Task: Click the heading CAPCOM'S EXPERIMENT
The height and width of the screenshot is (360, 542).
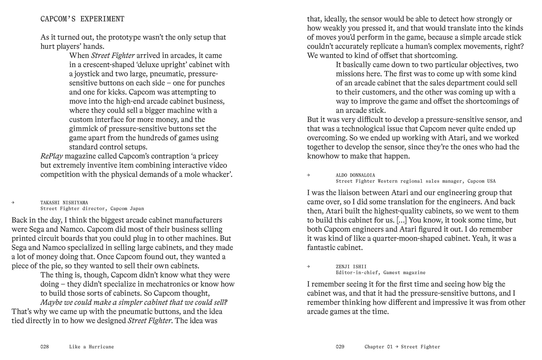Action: pyautogui.click(x=82, y=19)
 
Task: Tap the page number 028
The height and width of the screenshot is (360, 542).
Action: pyautogui.click(x=45, y=347)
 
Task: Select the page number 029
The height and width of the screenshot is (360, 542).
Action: pyautogui.click(x=340, y=347)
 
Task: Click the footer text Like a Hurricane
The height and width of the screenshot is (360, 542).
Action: pyautogui.click(x=91, y=347)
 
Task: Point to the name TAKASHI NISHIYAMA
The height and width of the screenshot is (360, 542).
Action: pyautogui.click(x=64, y=203)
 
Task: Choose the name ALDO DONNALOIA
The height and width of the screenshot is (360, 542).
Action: pyautogui.click(x=355, y=175)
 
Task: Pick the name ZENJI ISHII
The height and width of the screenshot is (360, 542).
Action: pyautogui.click(x=351, y=266)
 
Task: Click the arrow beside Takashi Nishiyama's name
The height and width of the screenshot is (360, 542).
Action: pyautogui.click(x=13, y=202)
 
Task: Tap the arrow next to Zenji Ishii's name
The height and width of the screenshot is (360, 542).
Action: pyautogui.click(x=308, y=266)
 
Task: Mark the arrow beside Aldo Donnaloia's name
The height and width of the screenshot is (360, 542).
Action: pyautogui.click(x=308, y=175)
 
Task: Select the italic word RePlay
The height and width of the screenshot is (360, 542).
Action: pyautogui.click(x=52, y=156)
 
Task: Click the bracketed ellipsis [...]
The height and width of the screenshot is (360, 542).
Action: pyautogui.click(x=401, y=220)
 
